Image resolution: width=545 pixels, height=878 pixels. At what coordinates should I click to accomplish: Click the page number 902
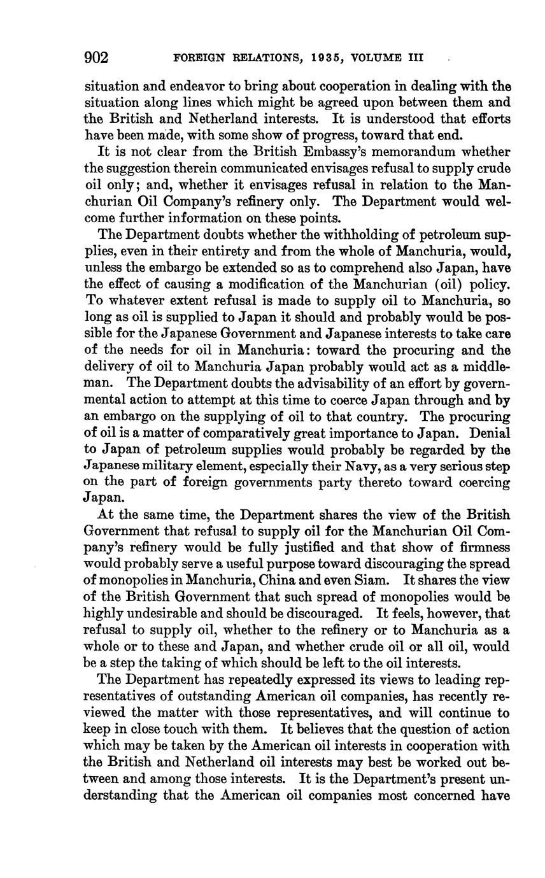97,58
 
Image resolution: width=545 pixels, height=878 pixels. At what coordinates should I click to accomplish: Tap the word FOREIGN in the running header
198,59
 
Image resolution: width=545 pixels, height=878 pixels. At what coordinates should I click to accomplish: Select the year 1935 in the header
329,59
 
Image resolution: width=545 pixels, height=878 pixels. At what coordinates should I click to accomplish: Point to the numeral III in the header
415,59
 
